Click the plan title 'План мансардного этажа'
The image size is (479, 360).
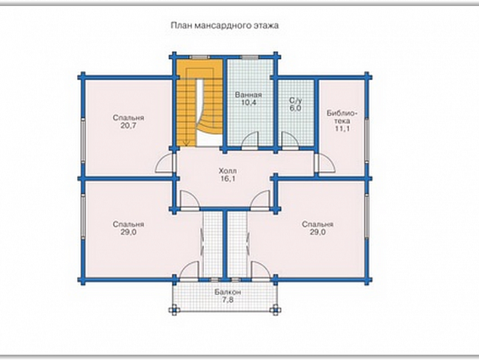tap(224, 26)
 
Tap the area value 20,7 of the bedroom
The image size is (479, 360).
tap(128, 126)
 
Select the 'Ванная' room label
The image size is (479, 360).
tap(249, 95)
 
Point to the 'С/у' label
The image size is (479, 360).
tap(295, 101)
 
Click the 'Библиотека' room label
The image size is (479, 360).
tap(341, 117)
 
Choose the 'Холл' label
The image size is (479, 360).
tap(227, 171)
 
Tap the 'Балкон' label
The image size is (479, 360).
tap(227, 292)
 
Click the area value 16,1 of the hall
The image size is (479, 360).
tap(227, 178)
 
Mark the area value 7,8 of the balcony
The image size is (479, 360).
tap(227, 300)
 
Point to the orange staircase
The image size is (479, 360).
tap(199, 102)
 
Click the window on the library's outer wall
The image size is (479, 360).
tap(367, 139)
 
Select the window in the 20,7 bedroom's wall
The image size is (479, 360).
tap(82, 139)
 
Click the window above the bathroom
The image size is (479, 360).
tap(250, 57)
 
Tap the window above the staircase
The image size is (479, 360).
tap(199, 57)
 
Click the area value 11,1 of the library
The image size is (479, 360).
tap(342, 129)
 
